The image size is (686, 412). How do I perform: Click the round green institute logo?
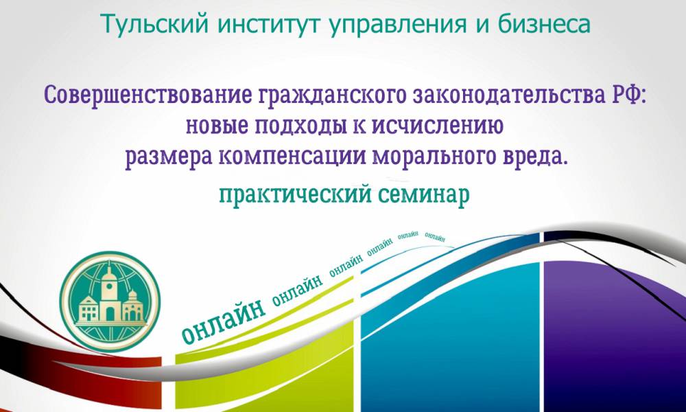[x=110, y=301]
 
